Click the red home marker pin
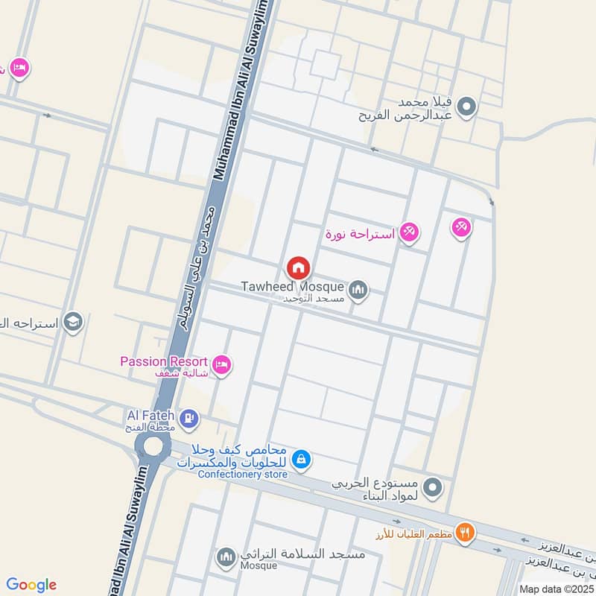point(298,267)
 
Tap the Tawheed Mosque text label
point(292,286)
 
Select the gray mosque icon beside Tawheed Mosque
point(358,289)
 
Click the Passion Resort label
point(164,361)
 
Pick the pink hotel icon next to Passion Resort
point(221,364)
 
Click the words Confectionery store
point(243,475)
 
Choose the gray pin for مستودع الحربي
point(431,488)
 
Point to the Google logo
point(31,585)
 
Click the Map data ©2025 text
point(555,589)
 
